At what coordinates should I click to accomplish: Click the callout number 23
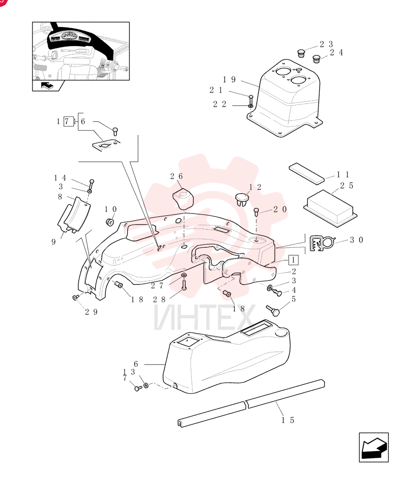tap(326, 45)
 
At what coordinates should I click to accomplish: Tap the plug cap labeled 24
tap(316, 59)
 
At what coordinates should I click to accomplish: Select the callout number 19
tap(229, 80)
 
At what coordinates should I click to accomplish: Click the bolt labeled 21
tap(251, 100)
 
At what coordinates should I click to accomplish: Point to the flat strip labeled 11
tap(306, 173)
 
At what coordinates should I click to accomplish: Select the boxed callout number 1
tap(293, 260)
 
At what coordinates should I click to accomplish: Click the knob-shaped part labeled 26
tap(182, 199)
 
